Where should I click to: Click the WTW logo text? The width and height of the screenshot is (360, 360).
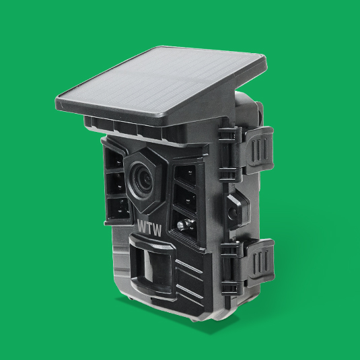(149, 228)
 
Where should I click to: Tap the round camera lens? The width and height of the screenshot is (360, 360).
(141, 178)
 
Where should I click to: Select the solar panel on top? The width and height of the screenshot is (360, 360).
(161, 85)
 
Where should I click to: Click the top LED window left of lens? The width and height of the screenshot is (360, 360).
(114, 159)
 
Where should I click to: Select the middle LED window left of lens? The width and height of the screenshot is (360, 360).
(116, 184)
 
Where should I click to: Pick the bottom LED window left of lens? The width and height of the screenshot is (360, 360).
(118, 209)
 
